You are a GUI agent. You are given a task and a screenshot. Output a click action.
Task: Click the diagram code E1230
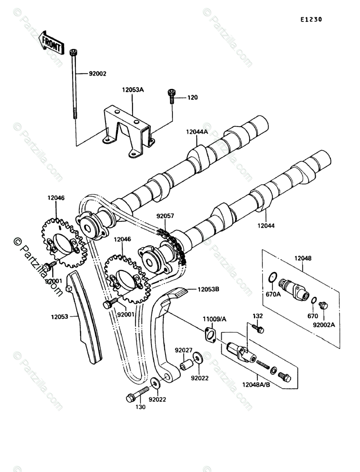310,19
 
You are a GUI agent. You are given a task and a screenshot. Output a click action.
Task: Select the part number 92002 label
98,74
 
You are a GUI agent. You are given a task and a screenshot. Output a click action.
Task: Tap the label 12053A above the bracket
133,90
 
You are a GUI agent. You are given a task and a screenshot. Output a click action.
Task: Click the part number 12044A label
197,132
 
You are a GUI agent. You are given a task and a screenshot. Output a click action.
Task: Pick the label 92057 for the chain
165,216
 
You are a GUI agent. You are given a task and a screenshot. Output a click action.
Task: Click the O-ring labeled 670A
273,277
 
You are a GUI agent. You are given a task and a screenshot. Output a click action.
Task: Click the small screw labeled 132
260,329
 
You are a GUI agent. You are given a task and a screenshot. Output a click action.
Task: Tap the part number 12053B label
209,289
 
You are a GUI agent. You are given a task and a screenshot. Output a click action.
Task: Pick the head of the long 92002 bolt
73,52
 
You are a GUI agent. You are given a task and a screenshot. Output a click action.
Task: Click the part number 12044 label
265,226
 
